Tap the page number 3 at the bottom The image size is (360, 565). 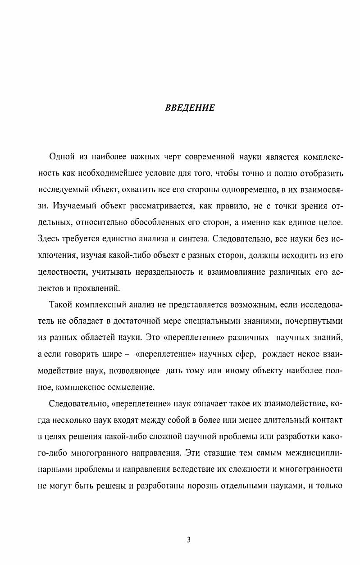pyautogui.click(x=189, y=540)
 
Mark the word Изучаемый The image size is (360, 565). pyautogui.click(x=73, y=207)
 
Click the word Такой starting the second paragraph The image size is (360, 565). pyautogui.click(x=61, y=306)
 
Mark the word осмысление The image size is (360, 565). pyautogui.click(x=131, y=386)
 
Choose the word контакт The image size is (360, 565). pyautogui.click(x=328, y=420)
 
